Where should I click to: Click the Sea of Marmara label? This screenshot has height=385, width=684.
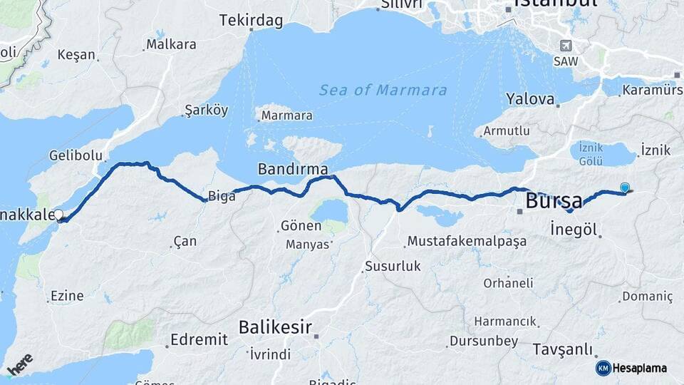click(x=383, y=91)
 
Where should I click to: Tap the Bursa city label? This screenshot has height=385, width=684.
click(x=554, y=201)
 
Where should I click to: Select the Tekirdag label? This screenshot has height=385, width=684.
click(x=252, y=20)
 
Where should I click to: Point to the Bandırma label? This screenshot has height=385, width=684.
click(x=293, y=170)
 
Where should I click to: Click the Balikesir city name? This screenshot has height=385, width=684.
click(x=275, y=327)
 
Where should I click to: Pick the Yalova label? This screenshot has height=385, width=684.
click(x=530, y=99)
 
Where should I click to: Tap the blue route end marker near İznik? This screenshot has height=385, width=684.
click(x=625, y=188)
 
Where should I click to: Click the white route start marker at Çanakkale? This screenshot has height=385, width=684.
click(x=58, y=214)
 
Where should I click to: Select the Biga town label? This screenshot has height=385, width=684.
click(x=222, y=197)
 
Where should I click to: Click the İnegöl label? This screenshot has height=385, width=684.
click(x=574, y=229)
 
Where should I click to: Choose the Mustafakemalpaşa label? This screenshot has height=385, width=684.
click(x=467, y=241)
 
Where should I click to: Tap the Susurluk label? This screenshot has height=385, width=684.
click(x=393, y=267)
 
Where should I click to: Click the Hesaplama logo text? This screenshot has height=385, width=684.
click(x=639, y=368)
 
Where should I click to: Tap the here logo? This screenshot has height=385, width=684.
click(x=20, y=364)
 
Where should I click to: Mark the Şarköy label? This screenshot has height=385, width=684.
click(x=206, y=110)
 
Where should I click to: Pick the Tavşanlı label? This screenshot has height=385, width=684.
click(x=562, y=349)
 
